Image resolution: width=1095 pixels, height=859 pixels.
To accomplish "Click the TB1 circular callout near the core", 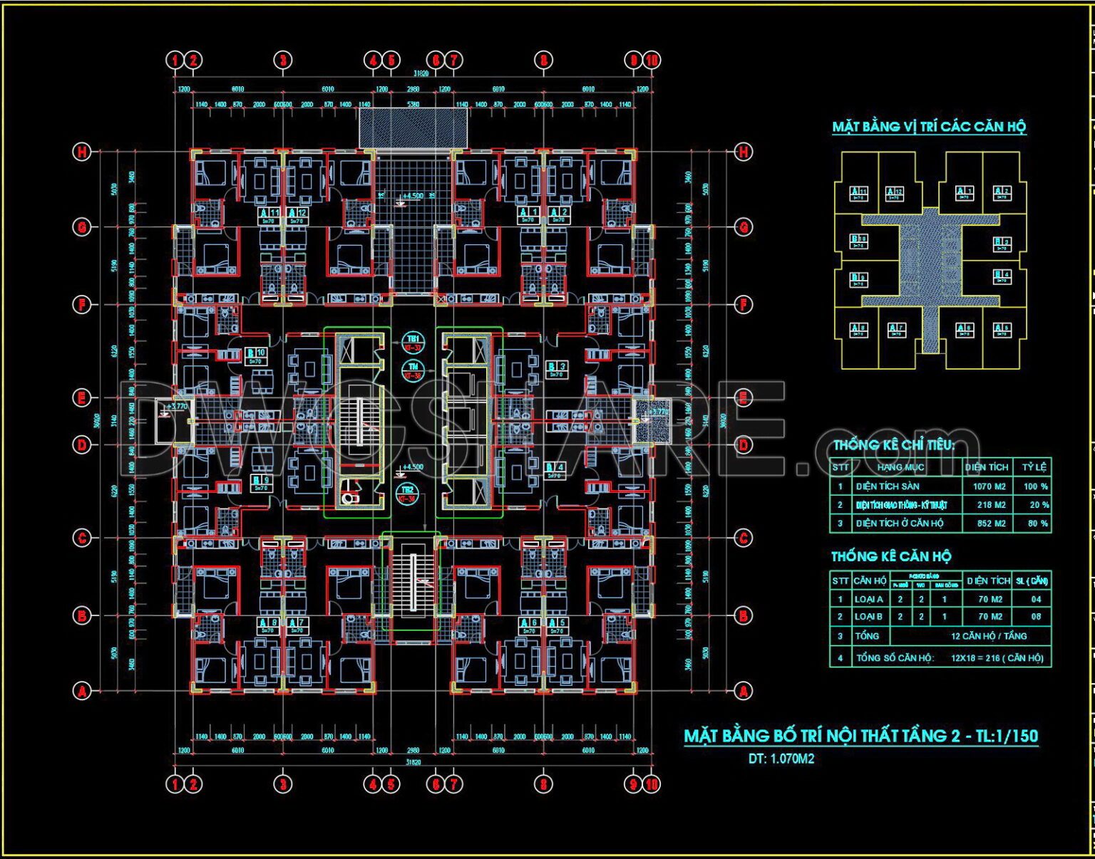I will (413, 343).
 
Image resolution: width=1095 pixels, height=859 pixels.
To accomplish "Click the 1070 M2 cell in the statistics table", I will (989, 486).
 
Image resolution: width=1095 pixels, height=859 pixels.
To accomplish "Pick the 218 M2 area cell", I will (991, 505).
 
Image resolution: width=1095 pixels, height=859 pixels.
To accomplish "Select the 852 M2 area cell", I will (991, 524).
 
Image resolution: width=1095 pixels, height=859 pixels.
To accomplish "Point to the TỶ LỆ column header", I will (1034, 467).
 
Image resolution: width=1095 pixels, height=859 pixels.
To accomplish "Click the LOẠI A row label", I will (869, 600).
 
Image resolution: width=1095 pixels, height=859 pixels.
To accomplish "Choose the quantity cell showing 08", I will (1036, 617).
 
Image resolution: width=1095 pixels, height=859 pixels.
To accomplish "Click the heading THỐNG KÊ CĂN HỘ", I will (891, 556).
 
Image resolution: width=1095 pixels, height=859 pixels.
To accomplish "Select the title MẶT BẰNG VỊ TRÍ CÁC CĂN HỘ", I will (929, 127).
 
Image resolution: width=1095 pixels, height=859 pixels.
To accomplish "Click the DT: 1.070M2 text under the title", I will (781, 759).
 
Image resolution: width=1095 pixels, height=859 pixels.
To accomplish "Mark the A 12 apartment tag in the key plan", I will (894, 193).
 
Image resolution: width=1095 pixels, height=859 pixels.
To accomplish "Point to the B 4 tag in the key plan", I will (1002, 276).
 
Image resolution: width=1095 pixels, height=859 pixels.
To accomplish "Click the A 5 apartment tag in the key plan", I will (1002, 330).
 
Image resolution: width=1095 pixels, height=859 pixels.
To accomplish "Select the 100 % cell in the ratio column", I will (1035, 486).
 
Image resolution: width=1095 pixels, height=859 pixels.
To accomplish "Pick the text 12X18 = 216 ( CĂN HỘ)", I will (997, 658).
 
